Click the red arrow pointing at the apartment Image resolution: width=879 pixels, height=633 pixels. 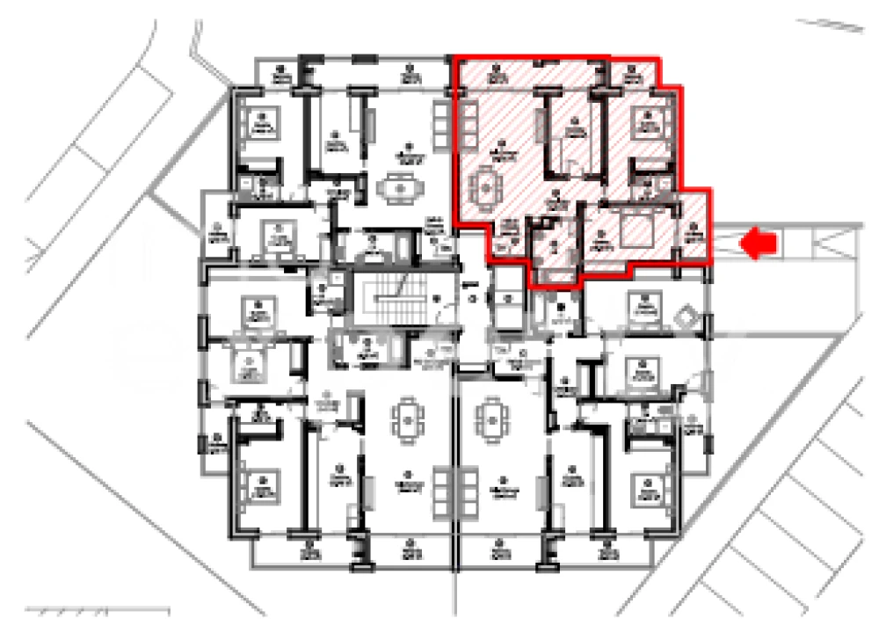click(760, 244)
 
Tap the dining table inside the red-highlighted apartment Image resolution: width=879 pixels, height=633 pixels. click(484, 186)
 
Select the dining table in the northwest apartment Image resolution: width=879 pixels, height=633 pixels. click(400, 186)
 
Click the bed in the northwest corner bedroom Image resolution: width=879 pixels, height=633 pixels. click(261, 124)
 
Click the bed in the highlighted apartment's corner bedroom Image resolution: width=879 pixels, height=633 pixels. click(651, 124)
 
